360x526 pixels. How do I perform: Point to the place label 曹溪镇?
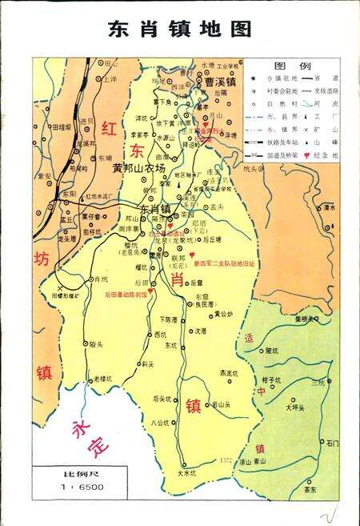(219, 82)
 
